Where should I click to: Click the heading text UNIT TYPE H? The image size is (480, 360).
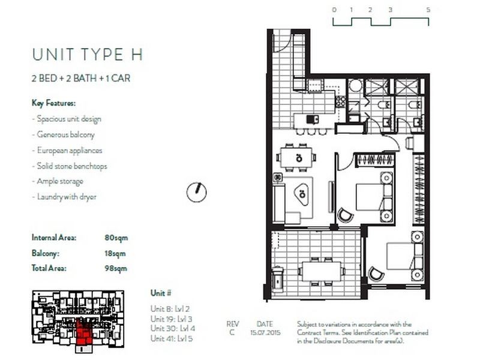[x=88, y=55]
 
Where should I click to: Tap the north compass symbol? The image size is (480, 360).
[x=196, y=191]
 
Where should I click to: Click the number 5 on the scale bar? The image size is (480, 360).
[x=428, y=10]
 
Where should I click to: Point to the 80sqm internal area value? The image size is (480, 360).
[x=116, y=238]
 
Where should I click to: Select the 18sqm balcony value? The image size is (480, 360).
[x=116, y=253]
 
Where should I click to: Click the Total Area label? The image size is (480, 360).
[x=49, y=269]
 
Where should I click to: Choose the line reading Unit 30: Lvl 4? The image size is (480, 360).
[x=173, y=328]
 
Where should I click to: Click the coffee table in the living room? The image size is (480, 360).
[x=302, y=193]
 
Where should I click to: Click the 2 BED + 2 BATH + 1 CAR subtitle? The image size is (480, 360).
[x=81, y=78]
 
